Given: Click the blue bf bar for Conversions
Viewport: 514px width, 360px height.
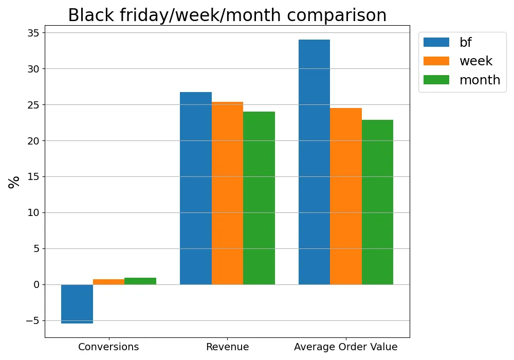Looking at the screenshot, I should pyautogui.click(x=77, y=303).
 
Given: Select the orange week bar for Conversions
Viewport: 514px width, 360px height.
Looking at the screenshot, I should pyautogui.click(x=108, y=282).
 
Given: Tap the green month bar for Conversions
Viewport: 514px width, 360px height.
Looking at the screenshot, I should pyautogui.click(x=140, y=281).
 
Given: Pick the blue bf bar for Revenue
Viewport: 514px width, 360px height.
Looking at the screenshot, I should pyautogui.click(x=196, y=188).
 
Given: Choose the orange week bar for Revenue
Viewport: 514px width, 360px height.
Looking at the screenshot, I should pyautogui.click(x=227, y=193).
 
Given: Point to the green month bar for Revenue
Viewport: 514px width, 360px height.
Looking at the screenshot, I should pyautogui.click(x=259, y=198).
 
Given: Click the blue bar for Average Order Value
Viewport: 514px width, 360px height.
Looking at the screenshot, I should pyautogui.click(x=314, y=162).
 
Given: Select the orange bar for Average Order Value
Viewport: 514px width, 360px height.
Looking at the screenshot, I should pyautogui.click(x=346, y=196).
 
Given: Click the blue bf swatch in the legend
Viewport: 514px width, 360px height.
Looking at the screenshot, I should pyautogui.click(x=436, y=42).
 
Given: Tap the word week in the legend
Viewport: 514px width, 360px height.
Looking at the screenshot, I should pyautogui.click(x=476, y=61).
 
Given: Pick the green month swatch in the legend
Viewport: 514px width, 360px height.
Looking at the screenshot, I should pyautogui.click(x=436, y=80).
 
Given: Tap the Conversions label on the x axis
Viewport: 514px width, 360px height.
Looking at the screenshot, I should pyautogui.click(x=108, y=347).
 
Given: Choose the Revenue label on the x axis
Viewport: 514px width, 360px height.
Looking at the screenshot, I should pyautogui.click(x=227, y=347).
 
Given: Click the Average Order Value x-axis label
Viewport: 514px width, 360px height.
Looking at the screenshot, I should pyautogui.click(x=346, y=347).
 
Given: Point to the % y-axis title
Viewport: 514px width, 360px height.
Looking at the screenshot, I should pyautogui.click(x=14, y=182).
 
